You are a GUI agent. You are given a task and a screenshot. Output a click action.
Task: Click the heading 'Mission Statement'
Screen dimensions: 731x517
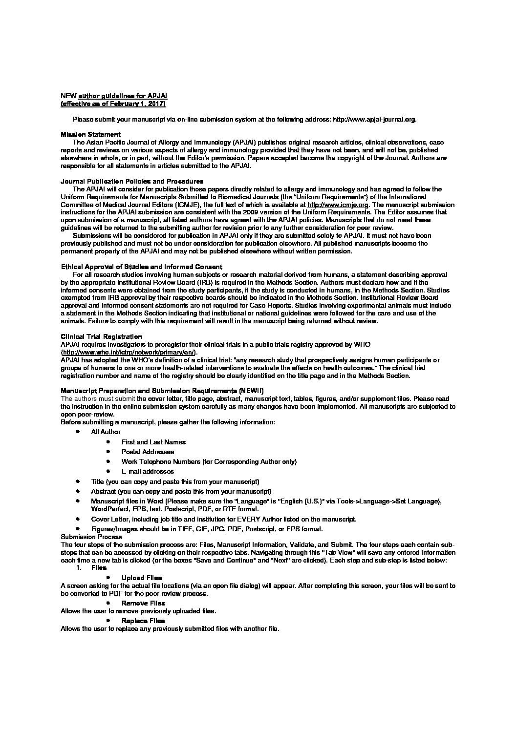pyautogui.click(x=90, y=135)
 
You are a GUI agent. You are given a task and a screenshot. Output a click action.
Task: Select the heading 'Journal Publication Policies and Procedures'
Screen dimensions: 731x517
pyautogui.click(x=132, y=182)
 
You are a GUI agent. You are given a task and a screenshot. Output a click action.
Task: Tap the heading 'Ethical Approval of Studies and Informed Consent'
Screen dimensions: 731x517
pyautogui.click(x=141, y=267)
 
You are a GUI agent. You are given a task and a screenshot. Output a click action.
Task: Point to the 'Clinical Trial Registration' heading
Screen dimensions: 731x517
pyautogui.click(x=101, y=336)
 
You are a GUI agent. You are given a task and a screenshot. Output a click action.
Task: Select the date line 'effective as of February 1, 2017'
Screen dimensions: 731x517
pyautogui.click(x=113, y=104)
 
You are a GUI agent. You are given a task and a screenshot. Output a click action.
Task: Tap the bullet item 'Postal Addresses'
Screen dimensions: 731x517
pyautogui.click(x=148, y=452)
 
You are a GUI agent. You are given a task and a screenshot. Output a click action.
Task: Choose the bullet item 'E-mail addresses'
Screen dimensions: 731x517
pyautogui.click(x=148, y=471)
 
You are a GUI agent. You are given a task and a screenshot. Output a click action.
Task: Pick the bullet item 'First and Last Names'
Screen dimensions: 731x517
pyautogui.click(x=153, y=442)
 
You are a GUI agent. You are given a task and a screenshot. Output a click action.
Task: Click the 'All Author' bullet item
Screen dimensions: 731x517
pyautogui.click(x=106, y=432)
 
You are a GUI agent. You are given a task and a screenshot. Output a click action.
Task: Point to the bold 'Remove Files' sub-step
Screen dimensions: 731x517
pyautogui.click(x=143, y=603)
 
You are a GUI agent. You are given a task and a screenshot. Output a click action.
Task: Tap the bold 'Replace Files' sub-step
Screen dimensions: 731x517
pyautogui.click(x=143, y=621)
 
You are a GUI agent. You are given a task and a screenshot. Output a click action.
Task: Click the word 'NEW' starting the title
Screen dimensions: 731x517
pyautogui.click(x=68, y=96)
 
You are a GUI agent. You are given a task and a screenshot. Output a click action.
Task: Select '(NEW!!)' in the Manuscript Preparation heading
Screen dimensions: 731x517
pyautogui.click(x=251, y=391)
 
